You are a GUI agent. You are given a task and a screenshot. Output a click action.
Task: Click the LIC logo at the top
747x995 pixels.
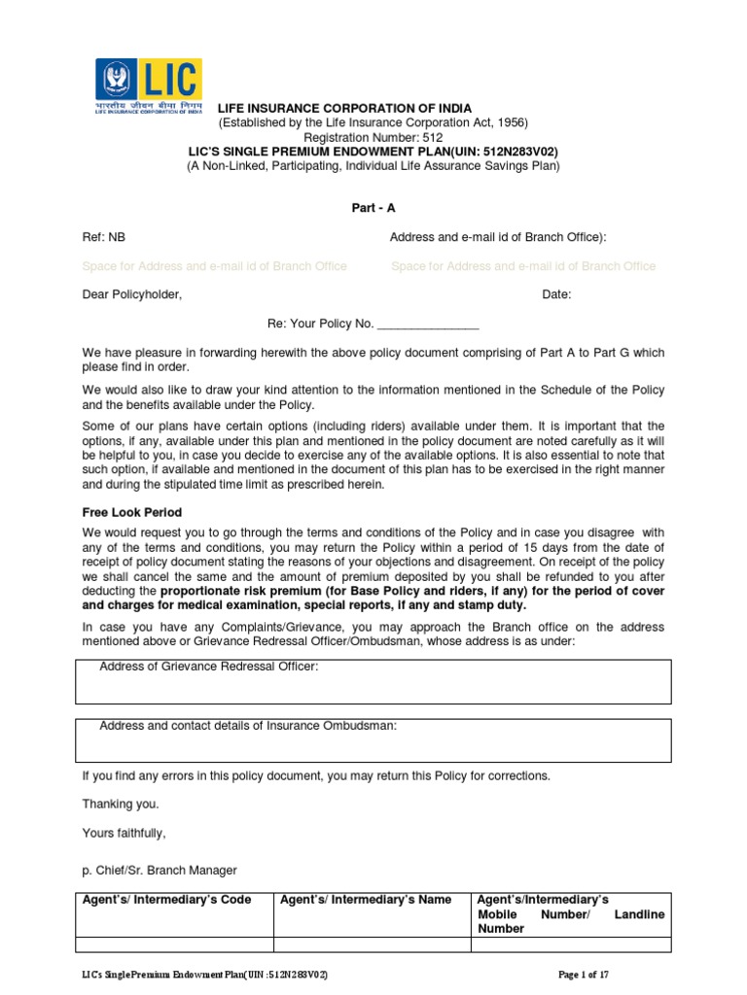tap(148, 86)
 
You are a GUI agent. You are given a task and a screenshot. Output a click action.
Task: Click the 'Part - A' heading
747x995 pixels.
tap(373, 208)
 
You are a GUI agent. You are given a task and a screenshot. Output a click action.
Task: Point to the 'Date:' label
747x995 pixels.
tap(556, 295)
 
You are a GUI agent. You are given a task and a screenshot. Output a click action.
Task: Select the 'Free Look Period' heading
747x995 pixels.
tap(131, 512)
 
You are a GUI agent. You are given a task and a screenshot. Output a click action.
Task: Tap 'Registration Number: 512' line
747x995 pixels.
tap(373, 137)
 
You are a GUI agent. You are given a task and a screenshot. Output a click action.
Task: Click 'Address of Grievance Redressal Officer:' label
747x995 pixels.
tap(209, 667)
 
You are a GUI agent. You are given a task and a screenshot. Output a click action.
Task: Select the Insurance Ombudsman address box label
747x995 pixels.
tap(248, 726)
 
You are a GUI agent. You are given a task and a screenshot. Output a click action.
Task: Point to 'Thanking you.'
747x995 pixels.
tap(121, 804)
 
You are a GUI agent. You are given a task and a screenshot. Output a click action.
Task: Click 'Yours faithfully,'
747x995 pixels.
tap(124, 833)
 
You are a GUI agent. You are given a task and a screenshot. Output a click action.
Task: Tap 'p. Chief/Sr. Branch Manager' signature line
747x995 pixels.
tap(160, 870)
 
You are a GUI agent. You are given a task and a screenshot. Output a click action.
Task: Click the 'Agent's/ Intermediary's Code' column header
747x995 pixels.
tap(167, 900)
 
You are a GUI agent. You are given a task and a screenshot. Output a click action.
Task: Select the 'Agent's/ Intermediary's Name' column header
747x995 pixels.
tap(366, 900)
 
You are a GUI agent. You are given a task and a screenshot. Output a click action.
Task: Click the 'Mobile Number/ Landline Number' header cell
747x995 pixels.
tap(571, 914)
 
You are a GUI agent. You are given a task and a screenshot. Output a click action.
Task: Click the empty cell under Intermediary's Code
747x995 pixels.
tap(174, 944)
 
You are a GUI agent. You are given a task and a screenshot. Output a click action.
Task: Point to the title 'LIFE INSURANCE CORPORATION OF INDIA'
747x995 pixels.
tap(344, 109)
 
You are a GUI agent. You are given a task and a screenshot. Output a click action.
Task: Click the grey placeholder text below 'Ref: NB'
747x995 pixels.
tap(214, 266)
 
